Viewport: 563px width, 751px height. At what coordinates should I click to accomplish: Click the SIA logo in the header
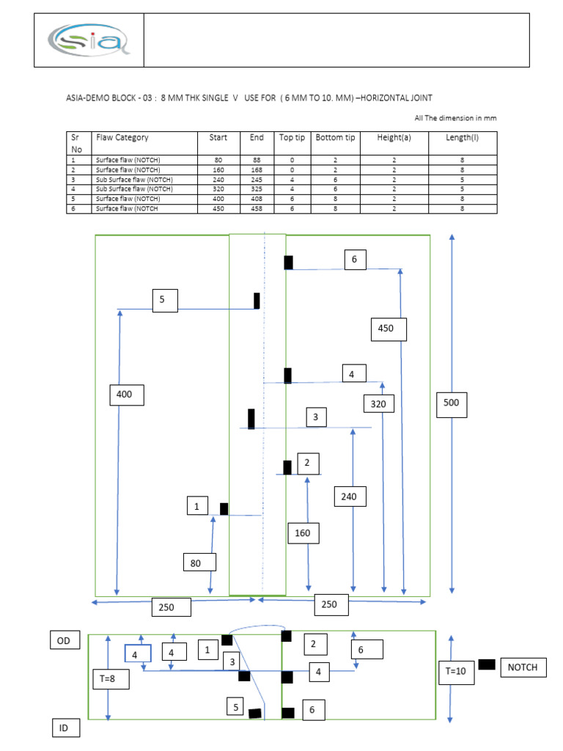89,40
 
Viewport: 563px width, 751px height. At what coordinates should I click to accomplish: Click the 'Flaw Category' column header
122,138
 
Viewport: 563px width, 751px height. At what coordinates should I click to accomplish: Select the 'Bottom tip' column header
335,138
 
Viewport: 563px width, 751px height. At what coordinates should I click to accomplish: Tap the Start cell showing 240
218,179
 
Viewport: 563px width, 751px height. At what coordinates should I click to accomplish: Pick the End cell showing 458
257,208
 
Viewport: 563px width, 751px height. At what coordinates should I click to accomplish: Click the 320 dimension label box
378,404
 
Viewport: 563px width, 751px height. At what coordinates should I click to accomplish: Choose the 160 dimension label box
303,533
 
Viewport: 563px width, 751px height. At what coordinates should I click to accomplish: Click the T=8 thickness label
108,680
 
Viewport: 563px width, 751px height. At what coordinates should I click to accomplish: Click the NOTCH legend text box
523,667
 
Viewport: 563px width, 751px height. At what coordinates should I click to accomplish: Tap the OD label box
64,640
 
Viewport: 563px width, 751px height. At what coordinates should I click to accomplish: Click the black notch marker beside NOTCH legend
486,665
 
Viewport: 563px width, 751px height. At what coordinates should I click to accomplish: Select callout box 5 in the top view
165,300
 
